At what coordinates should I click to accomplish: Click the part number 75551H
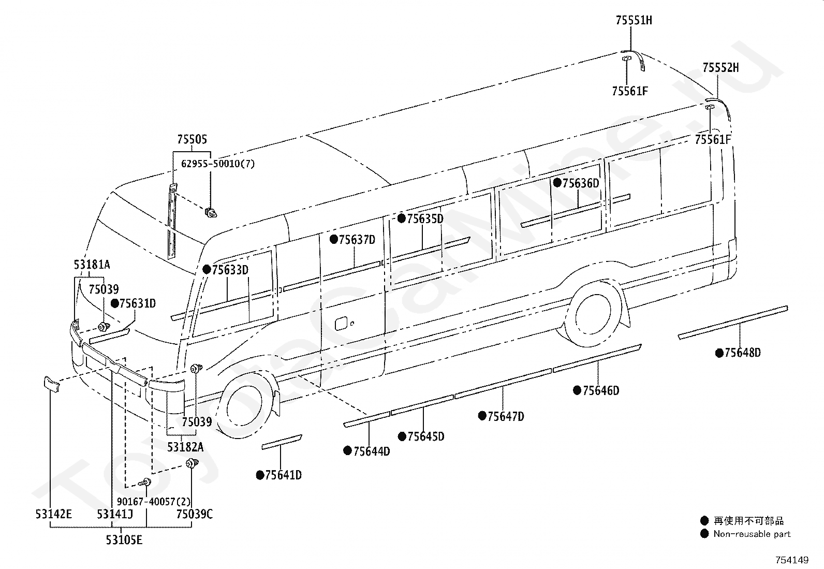pos(634,20)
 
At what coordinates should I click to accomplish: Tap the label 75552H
pos(720,68)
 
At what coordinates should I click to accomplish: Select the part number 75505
pos(192,139)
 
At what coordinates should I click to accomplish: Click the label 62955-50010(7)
pos(218,164)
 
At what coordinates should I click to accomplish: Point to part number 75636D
pos(581,183)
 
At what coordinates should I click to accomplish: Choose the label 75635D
pos(425,218)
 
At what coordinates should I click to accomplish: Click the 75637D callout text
pos(357,240)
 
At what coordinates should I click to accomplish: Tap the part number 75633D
pos(230,270)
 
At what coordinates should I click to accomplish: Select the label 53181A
pos(92,265)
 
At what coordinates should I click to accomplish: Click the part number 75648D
pos(743,353)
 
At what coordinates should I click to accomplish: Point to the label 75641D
pos(283,475)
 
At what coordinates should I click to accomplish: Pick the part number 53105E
pos(124,540)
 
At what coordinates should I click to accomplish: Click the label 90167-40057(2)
pos(154,502)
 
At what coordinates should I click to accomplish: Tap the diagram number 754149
pos(792,560)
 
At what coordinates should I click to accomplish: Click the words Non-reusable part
pos(752,534)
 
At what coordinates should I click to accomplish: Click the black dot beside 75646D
pos(577,390)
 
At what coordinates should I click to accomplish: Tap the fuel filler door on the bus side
pos(342,323)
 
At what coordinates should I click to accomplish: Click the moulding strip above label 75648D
pos(733,322)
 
